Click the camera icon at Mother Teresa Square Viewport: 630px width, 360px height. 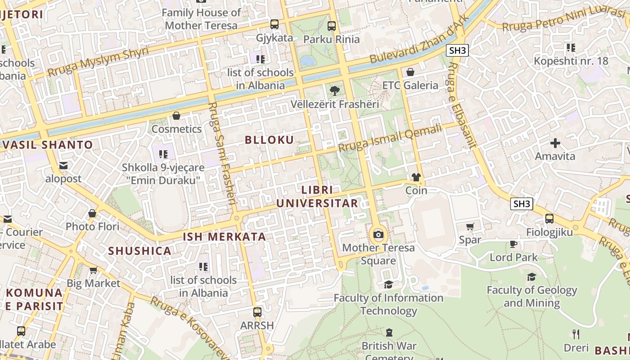coord(378,234)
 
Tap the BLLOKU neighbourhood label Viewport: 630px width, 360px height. coord(269,139)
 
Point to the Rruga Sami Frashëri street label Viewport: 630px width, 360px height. coord(223,153)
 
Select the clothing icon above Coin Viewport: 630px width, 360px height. coord(416,177)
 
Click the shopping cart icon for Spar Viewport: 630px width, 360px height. coord(470,226)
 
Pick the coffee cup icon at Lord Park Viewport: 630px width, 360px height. coord(513,244)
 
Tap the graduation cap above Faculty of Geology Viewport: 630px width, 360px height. coord(531,277)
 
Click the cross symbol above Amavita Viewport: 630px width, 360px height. coord(555,144)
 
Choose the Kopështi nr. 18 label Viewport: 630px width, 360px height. coord(571,61)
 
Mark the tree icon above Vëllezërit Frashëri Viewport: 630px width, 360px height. coord(334,91)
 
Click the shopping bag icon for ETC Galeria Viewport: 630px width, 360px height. coord(410,72)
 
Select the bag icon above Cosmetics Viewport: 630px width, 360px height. coord(176,116)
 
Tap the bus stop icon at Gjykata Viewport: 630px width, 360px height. coord(274,24)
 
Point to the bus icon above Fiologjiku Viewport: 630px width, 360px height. coord(549,219)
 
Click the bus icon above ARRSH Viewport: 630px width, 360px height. coord(257,312)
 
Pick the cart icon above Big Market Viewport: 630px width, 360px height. coord(93,270)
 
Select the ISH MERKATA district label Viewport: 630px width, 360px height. coord(224,237)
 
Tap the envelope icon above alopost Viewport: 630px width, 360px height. coord(63,166)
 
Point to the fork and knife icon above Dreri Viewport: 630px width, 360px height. coord(576,334)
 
